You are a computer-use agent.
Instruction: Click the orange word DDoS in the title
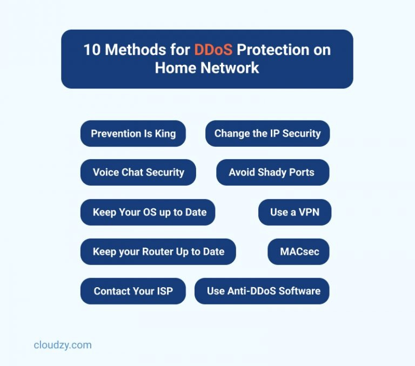pyautogui.click(x=213, y=50)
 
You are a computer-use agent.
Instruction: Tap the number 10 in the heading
pyautogui.click(x=91, y=50)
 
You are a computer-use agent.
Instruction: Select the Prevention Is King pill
pyautogui.click(x=133, y=134)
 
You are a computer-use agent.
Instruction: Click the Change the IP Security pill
pyautogui.click(x=267, y=134)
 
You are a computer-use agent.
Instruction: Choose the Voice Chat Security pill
pyautogui.click(x=138, y=173)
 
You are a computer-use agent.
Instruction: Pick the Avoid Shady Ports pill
pyautogui.click(x=272, y=173)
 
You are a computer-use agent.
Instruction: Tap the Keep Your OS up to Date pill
pyautogui.click(x=148, y=212)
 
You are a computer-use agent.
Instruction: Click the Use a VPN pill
pyautogui.click(x=294, y=212)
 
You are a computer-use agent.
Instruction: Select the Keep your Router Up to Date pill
pyautogui.click(x=158, y=252)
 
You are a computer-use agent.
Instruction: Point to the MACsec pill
pyautogui.click(x=299, y=252)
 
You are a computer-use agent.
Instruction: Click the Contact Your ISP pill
pyautogui.click(x=133, y=291)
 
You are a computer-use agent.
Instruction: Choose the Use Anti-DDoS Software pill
pyautogui.click(x=263, y=291)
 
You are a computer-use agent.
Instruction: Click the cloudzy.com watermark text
pyautogui.click(x=63, y=345)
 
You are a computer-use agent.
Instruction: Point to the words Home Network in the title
pyautogui.click(x=207, y=68)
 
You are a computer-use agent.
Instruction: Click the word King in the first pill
pyautogui.click(x=165, y=134)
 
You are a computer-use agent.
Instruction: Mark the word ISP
pyautogui.click(x=163, y=291)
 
